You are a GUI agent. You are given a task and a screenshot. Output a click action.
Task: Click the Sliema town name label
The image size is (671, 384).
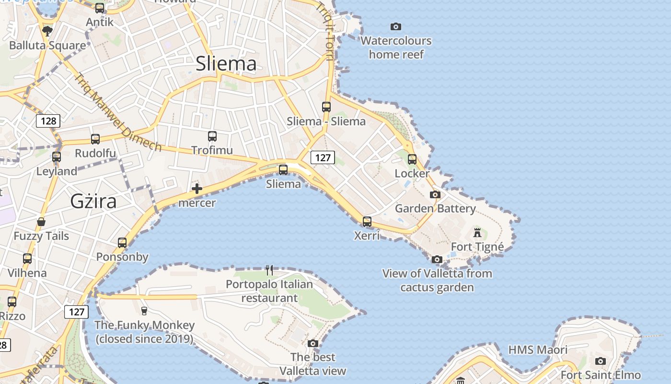coord(226,64)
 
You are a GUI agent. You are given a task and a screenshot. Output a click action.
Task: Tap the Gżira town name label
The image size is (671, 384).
coord(93,201)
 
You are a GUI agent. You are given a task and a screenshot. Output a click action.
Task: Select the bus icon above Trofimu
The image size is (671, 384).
coord(212,136)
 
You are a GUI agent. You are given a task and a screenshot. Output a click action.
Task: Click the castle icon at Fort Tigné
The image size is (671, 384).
coord(477,233)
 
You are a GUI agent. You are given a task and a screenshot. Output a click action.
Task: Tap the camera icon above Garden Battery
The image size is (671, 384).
coord(435,194)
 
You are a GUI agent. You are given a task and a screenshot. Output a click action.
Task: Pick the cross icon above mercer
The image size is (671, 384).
coord(197,189)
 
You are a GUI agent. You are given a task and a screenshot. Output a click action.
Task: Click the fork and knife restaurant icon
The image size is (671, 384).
coord(269,270)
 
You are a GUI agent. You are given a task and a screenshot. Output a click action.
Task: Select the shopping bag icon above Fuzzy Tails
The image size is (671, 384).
coord(41,222)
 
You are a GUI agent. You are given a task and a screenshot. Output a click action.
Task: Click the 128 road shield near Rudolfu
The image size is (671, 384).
coord(48,121)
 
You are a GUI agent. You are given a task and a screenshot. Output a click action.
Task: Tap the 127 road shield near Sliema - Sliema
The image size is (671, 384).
coord(323,157)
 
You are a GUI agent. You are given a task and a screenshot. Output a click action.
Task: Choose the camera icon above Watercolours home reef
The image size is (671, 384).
coord(396,27)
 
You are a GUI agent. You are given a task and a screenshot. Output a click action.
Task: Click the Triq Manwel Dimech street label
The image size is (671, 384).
coord(117,111)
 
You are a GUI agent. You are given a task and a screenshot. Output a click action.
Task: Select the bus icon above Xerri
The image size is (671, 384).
coord(367,221)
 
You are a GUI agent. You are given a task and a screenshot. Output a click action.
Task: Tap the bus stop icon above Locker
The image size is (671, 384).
coord(412,159)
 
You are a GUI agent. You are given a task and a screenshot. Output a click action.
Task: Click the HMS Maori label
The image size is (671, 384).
coord(538,350)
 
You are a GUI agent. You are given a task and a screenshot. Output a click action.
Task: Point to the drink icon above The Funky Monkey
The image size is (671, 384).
coord(144,311)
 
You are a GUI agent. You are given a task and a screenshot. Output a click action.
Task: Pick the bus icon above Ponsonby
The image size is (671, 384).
coord(122,242)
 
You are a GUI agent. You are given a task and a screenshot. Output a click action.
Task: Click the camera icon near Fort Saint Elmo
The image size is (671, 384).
coord(601,361)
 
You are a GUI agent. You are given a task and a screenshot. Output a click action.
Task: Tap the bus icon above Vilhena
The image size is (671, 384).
coord(27,259)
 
